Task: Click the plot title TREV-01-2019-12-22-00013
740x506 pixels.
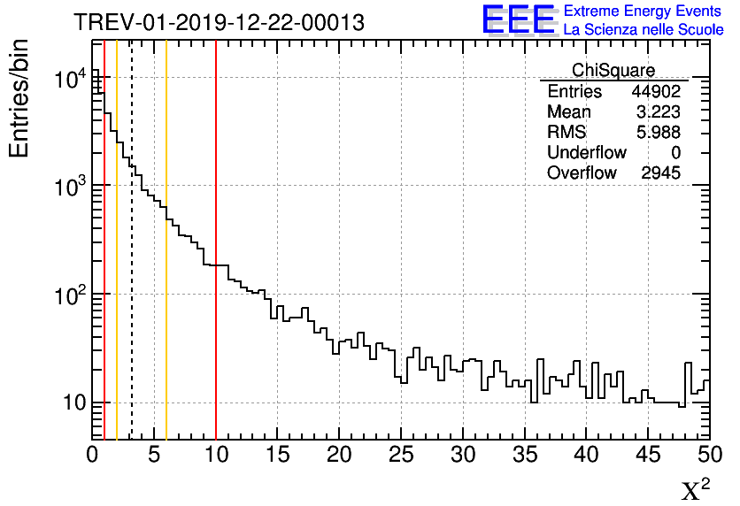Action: pyautogui.click(x=219, y=22)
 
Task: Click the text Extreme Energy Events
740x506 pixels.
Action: pyautogui.click(x=644, y=11)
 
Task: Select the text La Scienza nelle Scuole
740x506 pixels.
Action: pyautogui.click(x=644, y=29)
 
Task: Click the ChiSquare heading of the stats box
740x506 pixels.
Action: pyautogui.click(x=613, y=71)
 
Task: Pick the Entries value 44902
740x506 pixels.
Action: pyautogui.click(x=656, y=92)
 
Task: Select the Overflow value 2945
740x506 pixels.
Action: pyautogui.click(x=660, y=173)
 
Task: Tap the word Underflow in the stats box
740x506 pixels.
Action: pyautogui.click(x=587, y=153)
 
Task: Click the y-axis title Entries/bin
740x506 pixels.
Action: pyautogui.click(x=19, y=98)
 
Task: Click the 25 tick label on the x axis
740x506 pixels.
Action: pyautogui.click(x=401, y=456)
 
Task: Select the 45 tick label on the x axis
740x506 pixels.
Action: pyautogui.click(x=648, y=456)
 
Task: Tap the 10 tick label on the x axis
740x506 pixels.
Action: pyautogui.click(x=216, y=456)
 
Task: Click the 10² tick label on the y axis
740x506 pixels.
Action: pyautogui.click(x=67, y=295)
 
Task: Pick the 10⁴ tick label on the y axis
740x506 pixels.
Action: pyautogui.click(x=67, y=80)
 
